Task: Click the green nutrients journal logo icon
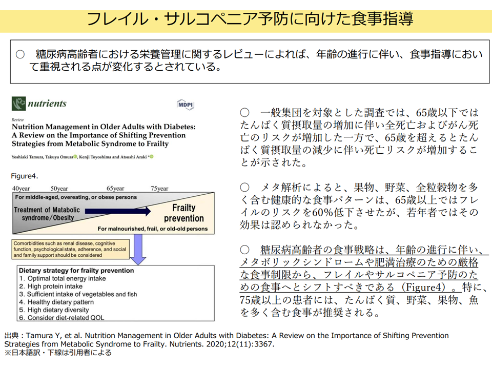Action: (18, 104)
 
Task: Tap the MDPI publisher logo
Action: (186, 105)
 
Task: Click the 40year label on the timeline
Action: (21, 189)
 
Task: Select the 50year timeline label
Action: (59, 189)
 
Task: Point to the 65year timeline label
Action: (115, 189)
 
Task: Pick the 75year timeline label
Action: (159, 189)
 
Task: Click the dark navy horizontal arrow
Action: (118, 211)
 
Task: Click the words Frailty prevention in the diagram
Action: (184, 213)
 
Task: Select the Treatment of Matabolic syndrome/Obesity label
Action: (47, 214)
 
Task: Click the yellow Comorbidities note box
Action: (71, 249)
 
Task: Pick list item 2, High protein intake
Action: (51, 286)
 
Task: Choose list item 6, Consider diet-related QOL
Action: (61, 318)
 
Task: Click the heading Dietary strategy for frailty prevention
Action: (76, 271)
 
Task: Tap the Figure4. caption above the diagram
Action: (25, 176)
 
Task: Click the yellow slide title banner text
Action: (250, 19)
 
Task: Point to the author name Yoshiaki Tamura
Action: (28, 157)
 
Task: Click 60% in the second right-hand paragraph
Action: (322, 212)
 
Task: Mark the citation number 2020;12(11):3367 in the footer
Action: (240, 344)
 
